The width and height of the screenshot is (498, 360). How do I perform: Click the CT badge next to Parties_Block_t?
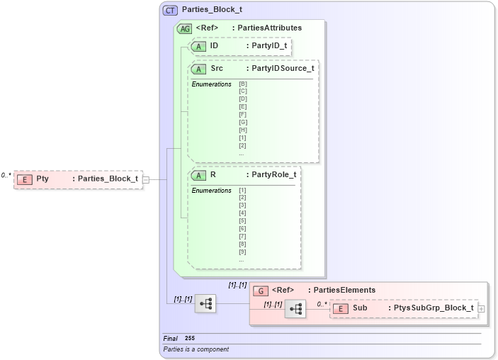(170, 10)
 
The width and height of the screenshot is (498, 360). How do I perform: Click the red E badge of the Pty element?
(26, 179)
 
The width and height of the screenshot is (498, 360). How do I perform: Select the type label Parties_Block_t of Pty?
(108, 179)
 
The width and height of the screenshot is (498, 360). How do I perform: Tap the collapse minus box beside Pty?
(145, 179)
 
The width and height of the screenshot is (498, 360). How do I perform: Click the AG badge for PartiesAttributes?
(184, 28)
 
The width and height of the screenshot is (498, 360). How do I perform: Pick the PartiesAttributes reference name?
(269, 28)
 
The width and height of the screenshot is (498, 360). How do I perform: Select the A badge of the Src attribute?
(199, 69)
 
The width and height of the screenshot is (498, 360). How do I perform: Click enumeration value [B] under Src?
(243, 84)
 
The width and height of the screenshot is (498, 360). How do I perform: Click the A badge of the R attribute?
(199, 175)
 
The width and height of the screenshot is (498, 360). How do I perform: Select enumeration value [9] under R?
(242, 252)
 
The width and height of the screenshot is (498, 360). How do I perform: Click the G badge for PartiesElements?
(260, 290)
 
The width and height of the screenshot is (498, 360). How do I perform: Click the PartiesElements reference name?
(345, 290)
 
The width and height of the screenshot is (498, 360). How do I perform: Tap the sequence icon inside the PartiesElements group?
(295, 309)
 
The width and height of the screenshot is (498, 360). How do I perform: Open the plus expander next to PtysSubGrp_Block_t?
(482, 309)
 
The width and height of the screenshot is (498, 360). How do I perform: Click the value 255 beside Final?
(190, 339)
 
